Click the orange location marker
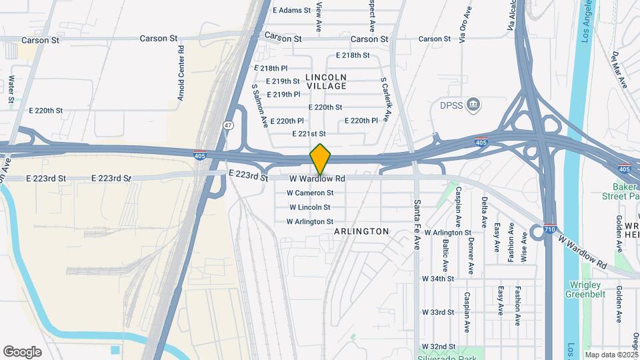[x=321, y=159]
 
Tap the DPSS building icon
[x=474, y=105]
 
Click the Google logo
[x=22, y=351]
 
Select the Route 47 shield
[x=228, y=125]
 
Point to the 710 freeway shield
[x=550, y=229]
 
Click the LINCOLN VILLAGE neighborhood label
[x=326, y=82]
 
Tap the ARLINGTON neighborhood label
[x=363, y=231]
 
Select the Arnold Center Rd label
[x=181, y=74]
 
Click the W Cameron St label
[x=310, y=193]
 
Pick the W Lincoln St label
[x=309, y=207]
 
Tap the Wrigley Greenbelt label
[x=585, y=289]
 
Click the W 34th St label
[x=438, y=279]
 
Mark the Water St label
[x=11, y=92]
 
